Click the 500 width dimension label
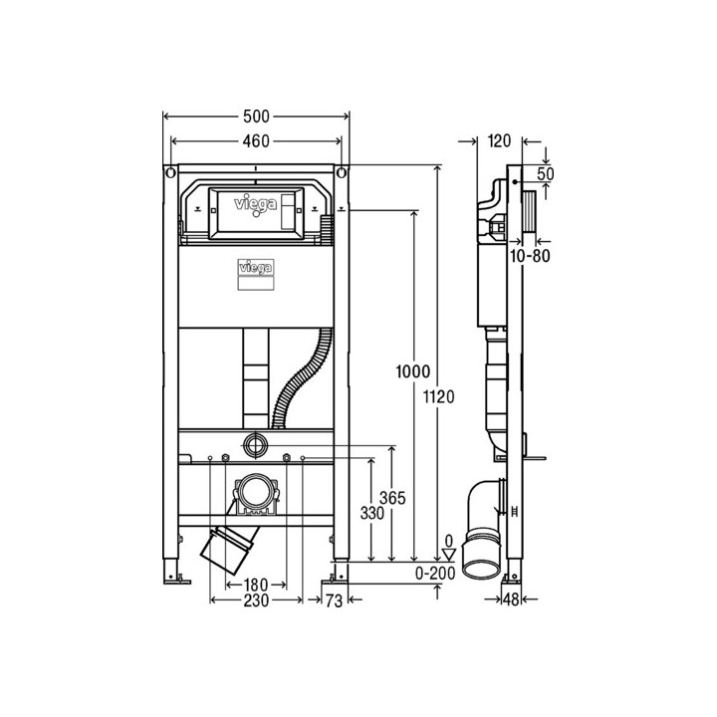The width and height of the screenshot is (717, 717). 256,117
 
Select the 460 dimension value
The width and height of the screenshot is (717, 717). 256,141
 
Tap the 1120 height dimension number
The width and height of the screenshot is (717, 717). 438,397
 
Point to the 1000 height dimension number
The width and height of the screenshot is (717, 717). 413,371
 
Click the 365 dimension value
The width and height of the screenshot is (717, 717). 392,498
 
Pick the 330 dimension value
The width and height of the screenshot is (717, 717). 371,513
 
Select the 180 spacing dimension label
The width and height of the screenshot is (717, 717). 256,585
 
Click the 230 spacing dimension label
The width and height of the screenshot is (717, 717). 256,600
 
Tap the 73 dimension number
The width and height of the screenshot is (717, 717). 334,600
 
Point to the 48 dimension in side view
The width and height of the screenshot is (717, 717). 511,599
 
